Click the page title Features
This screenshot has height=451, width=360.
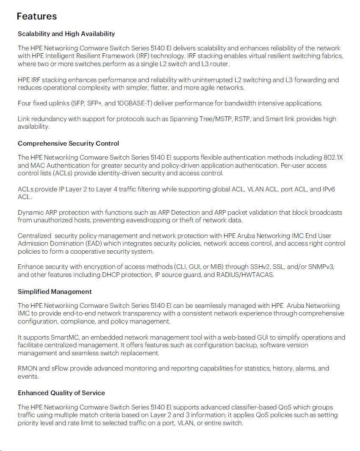36,16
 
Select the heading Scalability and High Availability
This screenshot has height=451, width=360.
66,33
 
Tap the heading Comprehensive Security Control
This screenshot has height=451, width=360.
68,143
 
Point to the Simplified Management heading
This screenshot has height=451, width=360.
55,291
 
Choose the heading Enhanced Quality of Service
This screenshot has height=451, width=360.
61,393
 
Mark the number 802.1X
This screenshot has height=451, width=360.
333,158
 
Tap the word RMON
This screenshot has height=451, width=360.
28,368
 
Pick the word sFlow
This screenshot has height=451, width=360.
60,368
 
